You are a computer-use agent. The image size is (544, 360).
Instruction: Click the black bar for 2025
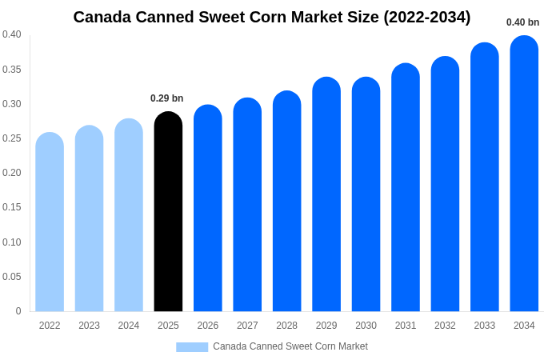point(168,212)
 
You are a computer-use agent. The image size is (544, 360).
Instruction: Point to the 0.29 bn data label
point(166,98)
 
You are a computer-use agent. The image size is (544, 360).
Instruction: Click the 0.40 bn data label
point(522,22)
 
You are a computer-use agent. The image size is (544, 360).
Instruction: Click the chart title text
point(272,17)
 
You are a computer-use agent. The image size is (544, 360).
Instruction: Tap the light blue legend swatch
point(192,347)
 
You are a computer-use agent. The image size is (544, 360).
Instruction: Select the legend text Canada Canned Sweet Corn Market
point(290,346)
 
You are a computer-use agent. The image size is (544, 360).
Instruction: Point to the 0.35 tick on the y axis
point(12,70)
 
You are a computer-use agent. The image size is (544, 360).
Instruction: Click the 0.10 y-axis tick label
point(12,242)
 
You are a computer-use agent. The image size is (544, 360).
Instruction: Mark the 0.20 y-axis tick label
point(12,173)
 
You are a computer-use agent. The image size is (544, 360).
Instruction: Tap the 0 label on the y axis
point(18,311)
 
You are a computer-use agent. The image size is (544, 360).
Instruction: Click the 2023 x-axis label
point(89,326)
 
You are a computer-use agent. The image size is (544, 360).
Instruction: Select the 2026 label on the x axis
point(208,326)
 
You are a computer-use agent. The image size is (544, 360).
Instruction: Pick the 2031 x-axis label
point(406,326)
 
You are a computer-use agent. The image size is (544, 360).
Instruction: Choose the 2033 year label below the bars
point(485,326)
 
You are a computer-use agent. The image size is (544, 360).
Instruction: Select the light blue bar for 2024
point(129,215)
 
